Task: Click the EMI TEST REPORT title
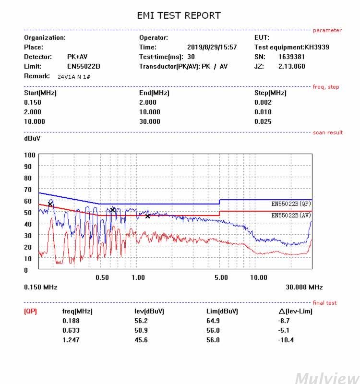click(179, 15)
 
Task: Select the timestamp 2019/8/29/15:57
click(212, 47)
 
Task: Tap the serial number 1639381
click(291, 57)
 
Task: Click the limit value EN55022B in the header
click(84, 66)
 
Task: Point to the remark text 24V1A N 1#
click(74, 77)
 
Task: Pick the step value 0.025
click(263, 121)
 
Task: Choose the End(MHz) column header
click(154, 93)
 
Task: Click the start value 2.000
click(33, 112)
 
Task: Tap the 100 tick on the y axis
click(30, 155)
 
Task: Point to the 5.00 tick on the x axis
click(221, 277)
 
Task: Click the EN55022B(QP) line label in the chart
click(291, 204)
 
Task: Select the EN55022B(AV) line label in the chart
click(291, 215)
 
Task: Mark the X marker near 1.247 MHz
click(147, 216)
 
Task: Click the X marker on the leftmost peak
click(50, 204)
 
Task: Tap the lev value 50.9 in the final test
click(141, 330)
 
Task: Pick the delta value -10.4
click(286, 340)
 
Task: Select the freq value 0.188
click(71, 321)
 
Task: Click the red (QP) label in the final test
click(30, 312)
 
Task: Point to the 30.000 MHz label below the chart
click(304, 287)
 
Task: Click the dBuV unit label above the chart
click(32, 138)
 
